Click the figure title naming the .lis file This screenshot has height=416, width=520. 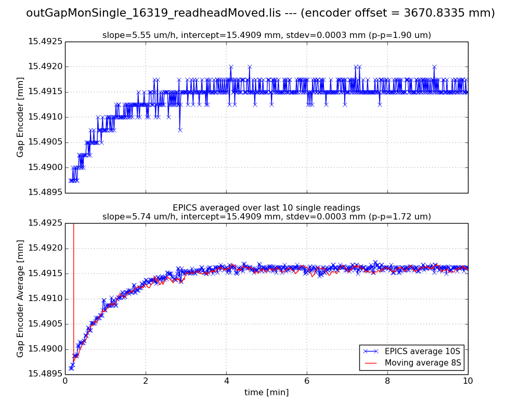tap(260, 13)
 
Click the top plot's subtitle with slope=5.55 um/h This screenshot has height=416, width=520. tap(266, 35)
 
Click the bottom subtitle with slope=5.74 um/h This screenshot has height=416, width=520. tap(266, 216)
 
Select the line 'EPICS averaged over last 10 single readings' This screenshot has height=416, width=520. tap(266, 208)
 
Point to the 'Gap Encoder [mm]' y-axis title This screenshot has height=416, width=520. tap(20, 117)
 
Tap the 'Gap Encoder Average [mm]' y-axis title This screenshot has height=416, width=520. tap(20, 298)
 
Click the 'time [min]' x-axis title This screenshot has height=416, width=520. tap(266, 393)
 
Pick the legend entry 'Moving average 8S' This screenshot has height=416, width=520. tap(423, 363)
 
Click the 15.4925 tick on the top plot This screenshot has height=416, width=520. tap(45, 42)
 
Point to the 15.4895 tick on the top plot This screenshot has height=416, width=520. tap(45, 193)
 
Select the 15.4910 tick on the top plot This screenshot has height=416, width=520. tap(45, 118)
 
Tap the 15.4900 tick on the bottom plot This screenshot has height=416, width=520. tap(45, 349)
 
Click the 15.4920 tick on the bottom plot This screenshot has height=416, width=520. tap(45, 249)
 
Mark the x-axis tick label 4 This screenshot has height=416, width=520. tap(226, 381)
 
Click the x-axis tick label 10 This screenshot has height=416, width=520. tap(468, 381)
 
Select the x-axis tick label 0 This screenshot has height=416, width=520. tap(65, 381)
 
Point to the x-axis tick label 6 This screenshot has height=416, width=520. tap(307, 381)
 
